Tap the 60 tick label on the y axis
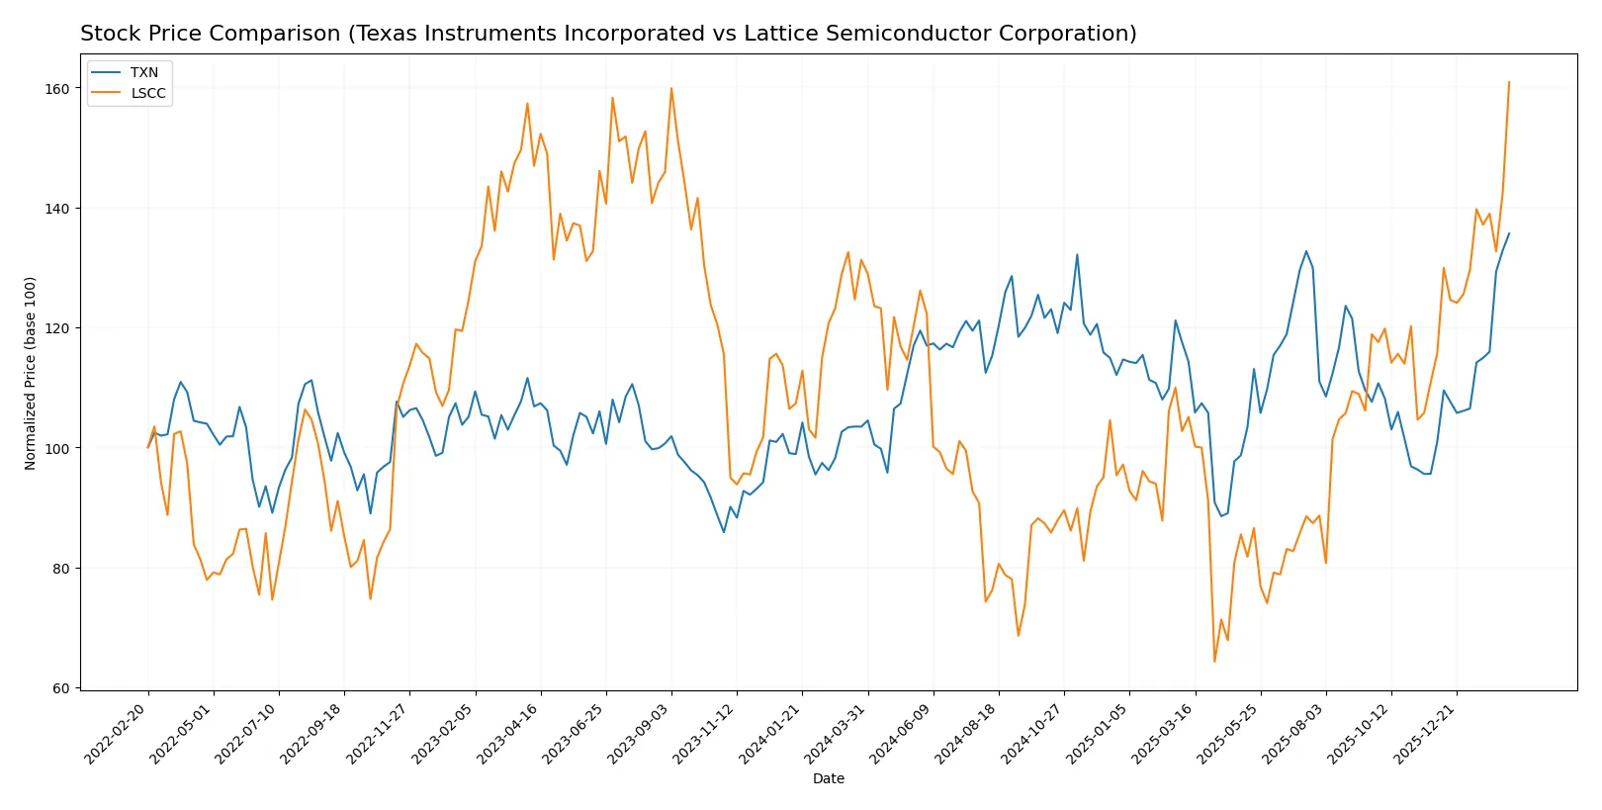(x=62, y=688)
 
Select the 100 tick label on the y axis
(x=58, y=448)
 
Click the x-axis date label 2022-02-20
(x=118, y=734)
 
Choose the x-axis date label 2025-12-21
(x=1426, y=734)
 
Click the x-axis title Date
(x=828, y=778)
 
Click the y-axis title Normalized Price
(x=31, y=373)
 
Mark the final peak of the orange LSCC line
(x=1509, y=82)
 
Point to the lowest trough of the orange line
(x=1214, y=661)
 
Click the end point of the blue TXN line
(x=1509, y=233)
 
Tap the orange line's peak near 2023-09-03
(x=671, y=88)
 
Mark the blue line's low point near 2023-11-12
(x=724, y=532)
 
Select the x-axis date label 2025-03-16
(x=1164, y=734)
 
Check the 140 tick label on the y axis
(x=58, y=208)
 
